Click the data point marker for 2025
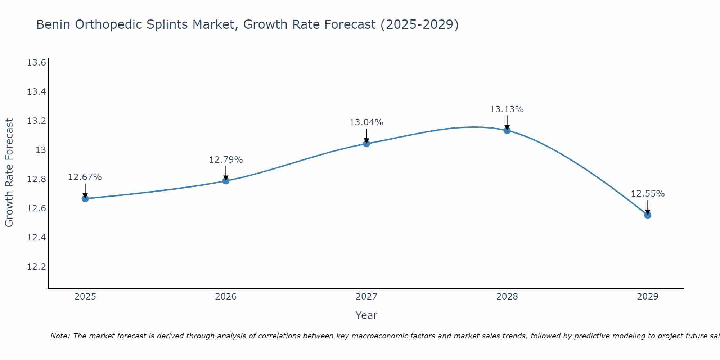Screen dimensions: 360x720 pos(85,198)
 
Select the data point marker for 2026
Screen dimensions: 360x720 pos(226,181)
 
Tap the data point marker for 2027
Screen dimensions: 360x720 pos(366,144)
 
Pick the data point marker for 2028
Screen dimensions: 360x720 pos(507,130)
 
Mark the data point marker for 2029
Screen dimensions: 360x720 pos(648,215)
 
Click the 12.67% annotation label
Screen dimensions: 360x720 pos(85,177)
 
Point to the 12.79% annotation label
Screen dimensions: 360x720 pos(226,160)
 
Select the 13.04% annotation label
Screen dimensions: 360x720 pos(366,122)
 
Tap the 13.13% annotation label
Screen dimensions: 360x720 pos(507,109)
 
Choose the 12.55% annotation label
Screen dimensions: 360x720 pos(648,194)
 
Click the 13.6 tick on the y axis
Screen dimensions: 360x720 pos(36,63)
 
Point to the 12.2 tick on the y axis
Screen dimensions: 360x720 pos(36,267)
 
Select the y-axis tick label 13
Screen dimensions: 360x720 pos(41,150)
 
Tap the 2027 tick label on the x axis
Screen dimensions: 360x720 pos(366,297)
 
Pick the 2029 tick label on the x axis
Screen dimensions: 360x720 pos(648,297)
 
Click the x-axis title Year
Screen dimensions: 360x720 pos(366,315)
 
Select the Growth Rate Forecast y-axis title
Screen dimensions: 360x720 pos(9,173)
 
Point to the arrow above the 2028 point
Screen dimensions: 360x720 pos(507,122)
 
